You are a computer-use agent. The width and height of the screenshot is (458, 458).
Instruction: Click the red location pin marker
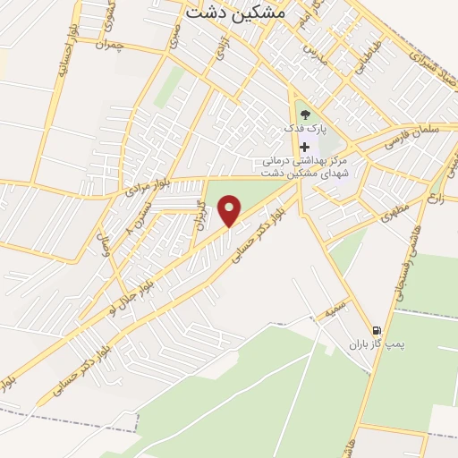coord(231,210)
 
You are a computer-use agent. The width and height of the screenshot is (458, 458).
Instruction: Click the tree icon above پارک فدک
coord(304,114)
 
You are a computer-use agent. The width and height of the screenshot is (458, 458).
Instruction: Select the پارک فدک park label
coord(301,129)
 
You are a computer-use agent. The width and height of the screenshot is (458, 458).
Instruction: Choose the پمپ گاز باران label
coord(371,343)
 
